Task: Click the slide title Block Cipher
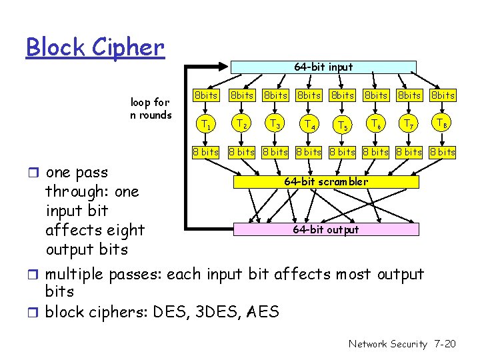tap(95, 47)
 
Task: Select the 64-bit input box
tap(323, 67)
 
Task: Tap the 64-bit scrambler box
tap(326, 181)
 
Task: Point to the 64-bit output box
tap(326, 229)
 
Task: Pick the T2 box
tap(241, 123)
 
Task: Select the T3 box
tap(275, 123)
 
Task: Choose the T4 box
tap(309, 124)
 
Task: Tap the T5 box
tap(343, 125)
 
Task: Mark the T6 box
tap(376, 124)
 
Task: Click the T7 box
tap(409, 123)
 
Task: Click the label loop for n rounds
tap(151, 108)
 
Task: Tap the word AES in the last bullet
tap(263, 311)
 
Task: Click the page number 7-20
tap(444, 344)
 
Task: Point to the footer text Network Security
tap(387, 344)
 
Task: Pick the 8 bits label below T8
tap(443, 152)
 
